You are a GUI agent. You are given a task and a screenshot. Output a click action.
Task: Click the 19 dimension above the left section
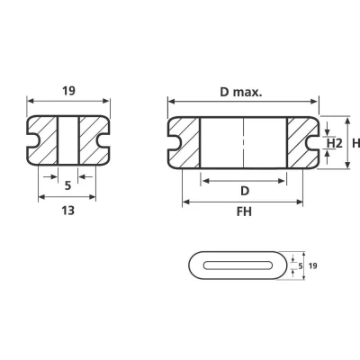[x=68, y=90]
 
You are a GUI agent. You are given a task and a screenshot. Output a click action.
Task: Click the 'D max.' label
[x=241, y=90]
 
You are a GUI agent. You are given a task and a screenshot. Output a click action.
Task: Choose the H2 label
[x=333, y=144]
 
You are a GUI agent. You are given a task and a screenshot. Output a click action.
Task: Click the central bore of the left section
[x=68, y=142]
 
